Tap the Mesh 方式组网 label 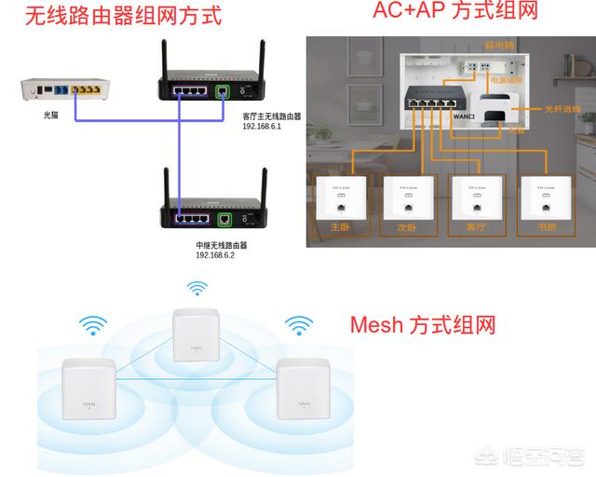click(423, 325)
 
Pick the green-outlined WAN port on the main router click(223, 92)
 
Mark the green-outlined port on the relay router click(223, 220)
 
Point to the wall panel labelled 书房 click(544, 200)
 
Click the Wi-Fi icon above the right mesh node click(298, 326)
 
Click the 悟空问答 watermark click(541, 457)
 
